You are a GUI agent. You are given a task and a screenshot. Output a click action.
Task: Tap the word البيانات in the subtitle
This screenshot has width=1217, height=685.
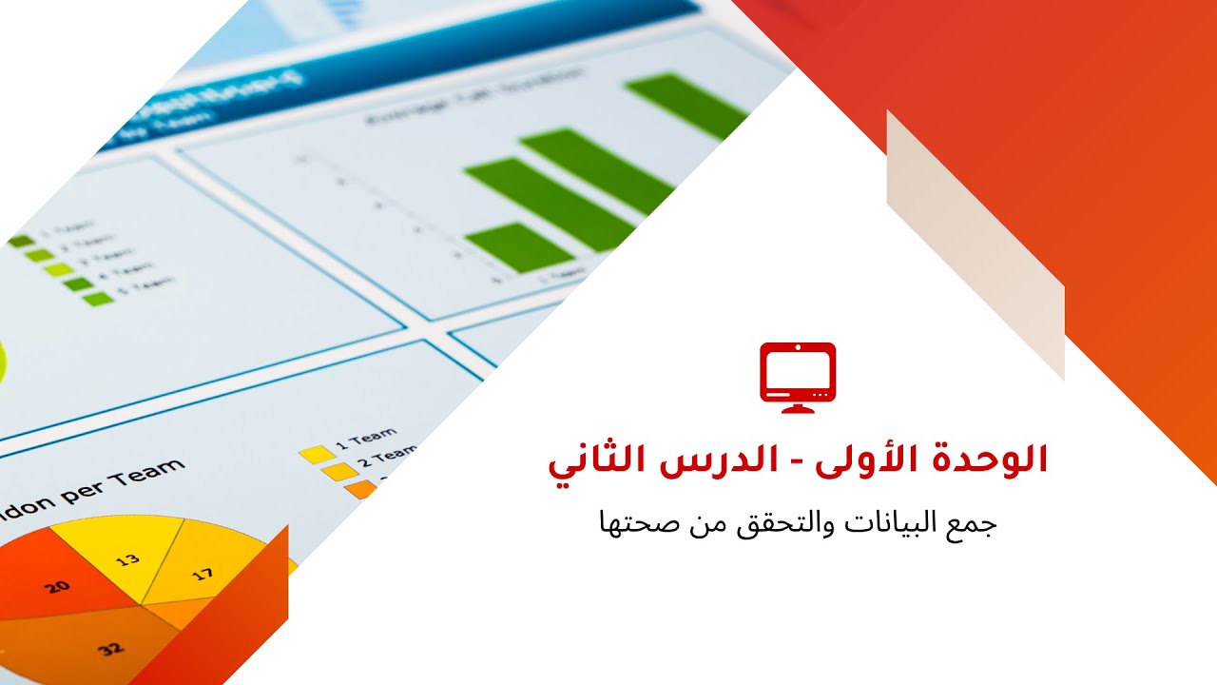pyautogui.click(x=899, y=523)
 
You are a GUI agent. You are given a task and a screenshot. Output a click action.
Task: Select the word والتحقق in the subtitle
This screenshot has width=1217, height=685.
pyautogui.click(x=792, y=523)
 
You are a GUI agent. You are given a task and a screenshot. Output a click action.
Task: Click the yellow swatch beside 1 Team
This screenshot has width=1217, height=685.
pyautogui.click(x=315, y=454)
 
